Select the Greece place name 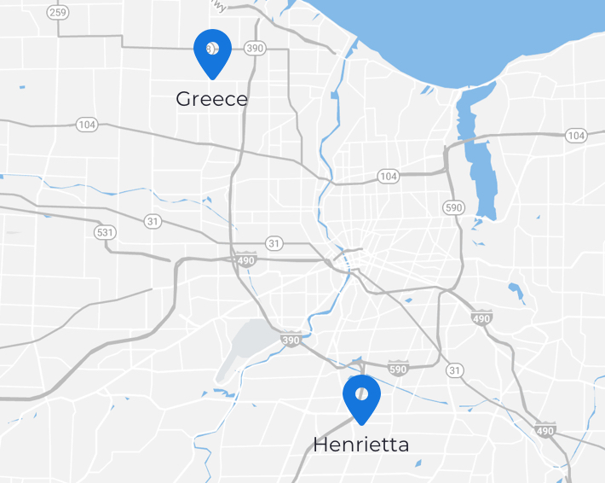(212, 99)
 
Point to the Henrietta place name (361, 445)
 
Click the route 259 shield (59, 12)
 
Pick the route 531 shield (105, 232)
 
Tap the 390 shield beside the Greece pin (255, 49)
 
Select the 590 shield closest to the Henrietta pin (398, 369)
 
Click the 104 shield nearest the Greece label (87, 125)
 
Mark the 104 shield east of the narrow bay (576, 135)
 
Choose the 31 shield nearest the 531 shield (153, 221)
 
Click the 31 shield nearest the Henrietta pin (455, 370)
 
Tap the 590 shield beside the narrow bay (453, 207)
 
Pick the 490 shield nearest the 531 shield (247, 258)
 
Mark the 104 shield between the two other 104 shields (389, 177)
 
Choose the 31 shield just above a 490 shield (274, 243)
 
